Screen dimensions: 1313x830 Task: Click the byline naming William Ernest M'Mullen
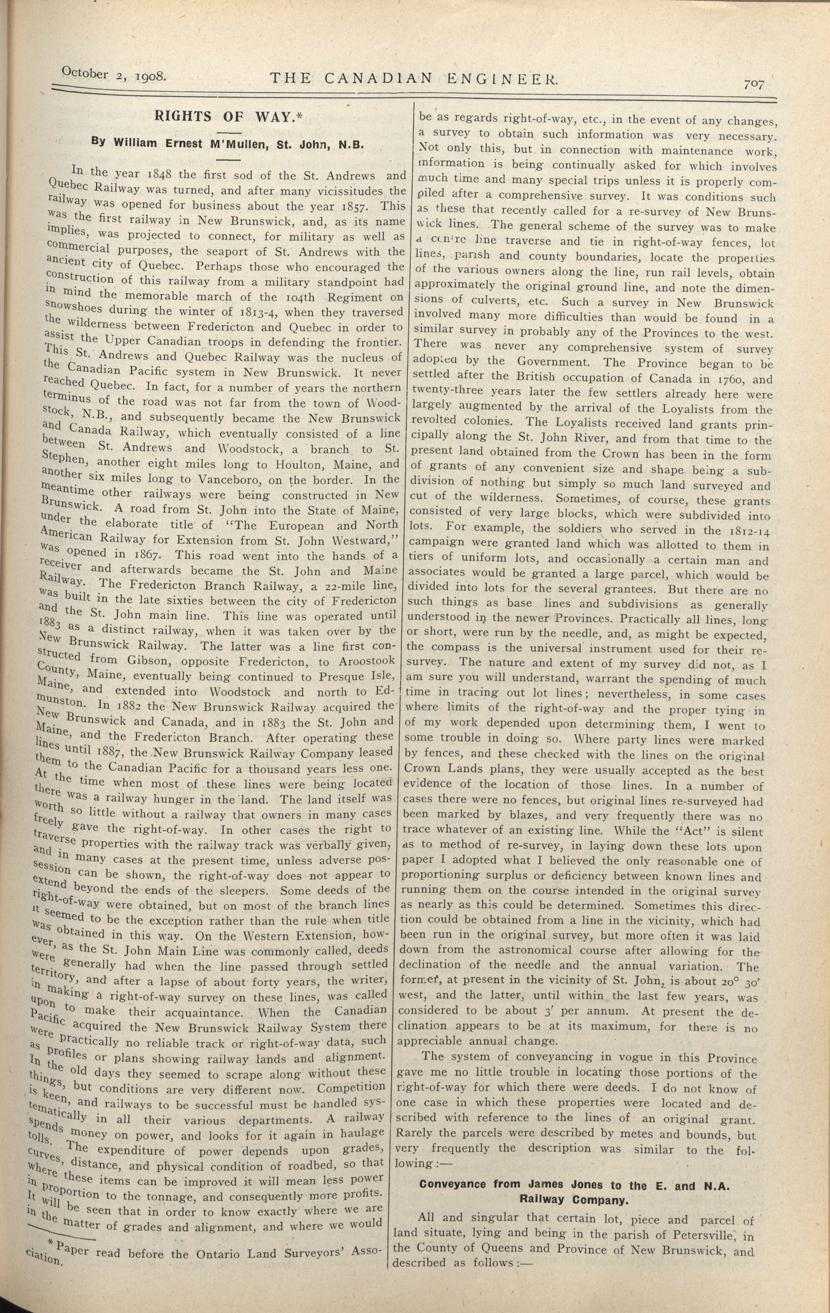[x=228, y=143]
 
